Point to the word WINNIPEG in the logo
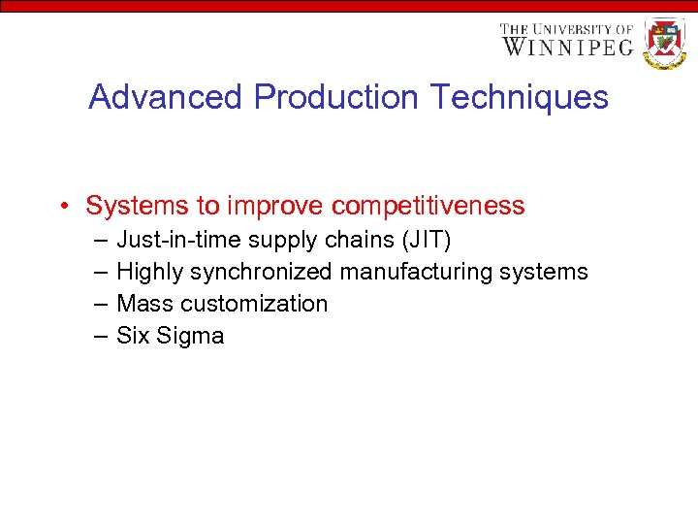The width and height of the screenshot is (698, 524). pos(567,47)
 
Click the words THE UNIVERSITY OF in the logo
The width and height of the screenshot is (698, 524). pos(566,29)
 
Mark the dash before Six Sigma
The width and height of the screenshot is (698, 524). pos(101,336)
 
